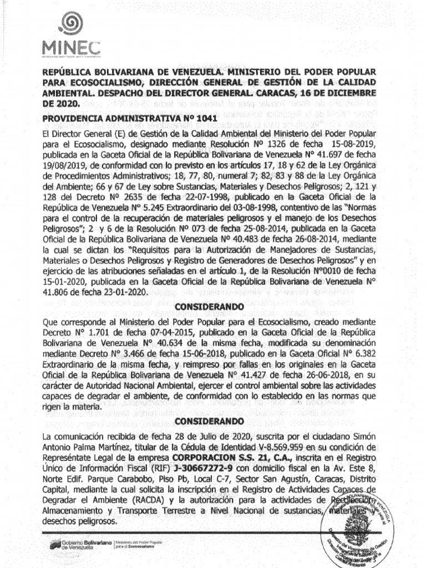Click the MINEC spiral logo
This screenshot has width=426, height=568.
coord(70,24)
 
